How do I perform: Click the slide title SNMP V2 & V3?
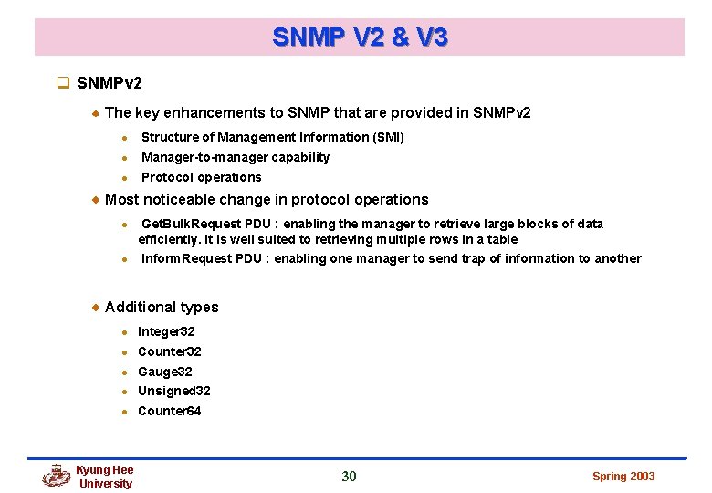[x=360, y=37]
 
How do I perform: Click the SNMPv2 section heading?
[x=110, y=83]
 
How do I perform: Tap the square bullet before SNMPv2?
[x=63, y=83]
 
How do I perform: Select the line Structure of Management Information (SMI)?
[x=272, y=137]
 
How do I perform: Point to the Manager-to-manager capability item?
[x=235, y=157]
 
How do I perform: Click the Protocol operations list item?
[x=201, y=177]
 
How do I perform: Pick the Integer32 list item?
[x=166, y=331]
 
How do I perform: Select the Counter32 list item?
[x=169, y=351]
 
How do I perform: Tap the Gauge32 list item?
[x=164, y=372]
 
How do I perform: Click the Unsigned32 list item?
[x=173, y=391]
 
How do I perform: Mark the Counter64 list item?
[x=169, y=411]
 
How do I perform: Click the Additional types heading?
[x=162, y=307]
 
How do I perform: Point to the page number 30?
[x=349, y=476]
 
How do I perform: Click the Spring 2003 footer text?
[x=623, y=477]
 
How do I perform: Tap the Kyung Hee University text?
[x=105, y=477]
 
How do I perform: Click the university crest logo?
[x=57, y=476]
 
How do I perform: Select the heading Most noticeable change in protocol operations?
[x=267, y=199]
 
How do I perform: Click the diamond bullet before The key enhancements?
[x=96, y=113]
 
